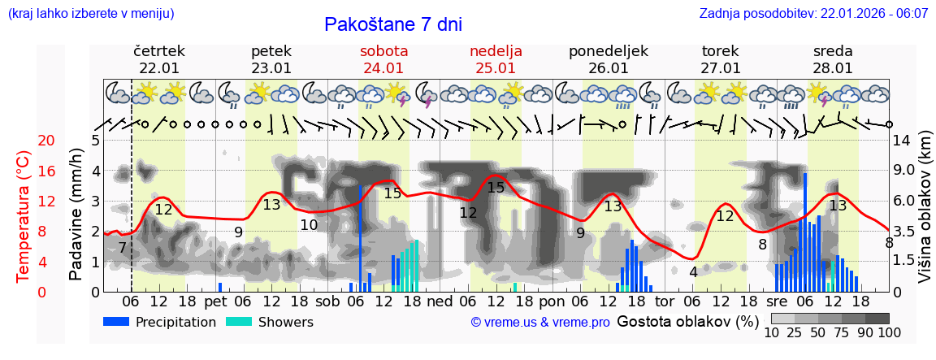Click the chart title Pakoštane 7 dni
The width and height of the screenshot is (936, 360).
(x=392, y=24)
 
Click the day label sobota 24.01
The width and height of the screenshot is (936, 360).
(x=383, y=59)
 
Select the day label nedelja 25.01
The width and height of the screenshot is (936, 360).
(x=496, y=59)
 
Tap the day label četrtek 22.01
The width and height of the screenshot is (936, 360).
(x=159, y=59)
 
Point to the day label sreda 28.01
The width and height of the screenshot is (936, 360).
(x=833, y=59)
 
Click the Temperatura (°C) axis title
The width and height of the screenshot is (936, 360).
(x=24, y=215)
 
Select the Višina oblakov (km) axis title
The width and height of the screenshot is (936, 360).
(x=925, y=216)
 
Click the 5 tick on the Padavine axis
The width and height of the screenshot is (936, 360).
(x=95, y=141)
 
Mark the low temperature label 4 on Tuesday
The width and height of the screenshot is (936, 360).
(x=693, y=272)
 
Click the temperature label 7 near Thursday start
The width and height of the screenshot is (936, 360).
(x=122, y=247)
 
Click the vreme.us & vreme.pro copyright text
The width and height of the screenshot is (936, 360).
(x=540, y=323)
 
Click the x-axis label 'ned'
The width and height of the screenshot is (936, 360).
(x=440, y=301)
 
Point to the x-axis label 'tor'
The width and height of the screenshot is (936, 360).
(x=665, y=301)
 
